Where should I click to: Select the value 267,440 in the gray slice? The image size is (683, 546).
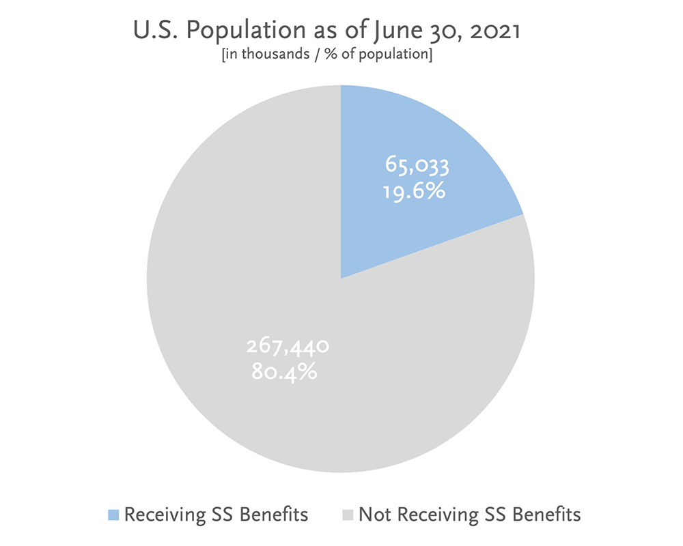[288, 347]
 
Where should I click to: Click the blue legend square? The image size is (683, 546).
[113, 514]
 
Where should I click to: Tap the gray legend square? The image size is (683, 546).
[346, 514]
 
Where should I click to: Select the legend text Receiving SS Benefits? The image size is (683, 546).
[215, 514]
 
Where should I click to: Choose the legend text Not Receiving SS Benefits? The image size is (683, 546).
[469, 514]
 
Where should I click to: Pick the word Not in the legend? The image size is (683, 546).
[373, 514]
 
